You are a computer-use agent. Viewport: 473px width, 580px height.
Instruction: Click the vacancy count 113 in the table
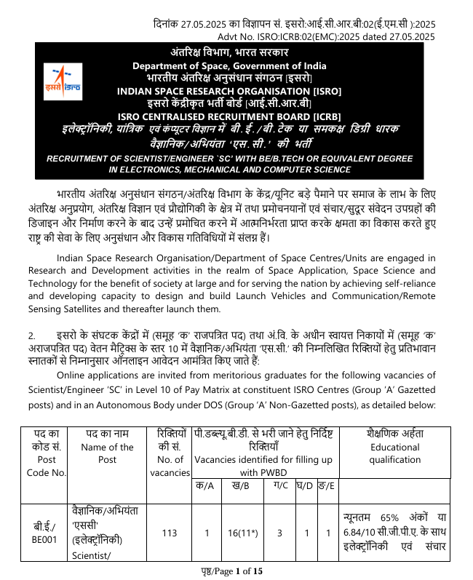[x=170, y=533]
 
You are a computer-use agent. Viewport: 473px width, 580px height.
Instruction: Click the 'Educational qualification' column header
[x=394, y=453]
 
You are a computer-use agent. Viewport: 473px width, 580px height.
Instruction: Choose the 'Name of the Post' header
[x=107, y=453]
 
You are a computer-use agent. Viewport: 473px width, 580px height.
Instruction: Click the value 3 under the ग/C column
[x=279, y=533]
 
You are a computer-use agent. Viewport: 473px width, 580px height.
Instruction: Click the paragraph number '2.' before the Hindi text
[x=32, y=335]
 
